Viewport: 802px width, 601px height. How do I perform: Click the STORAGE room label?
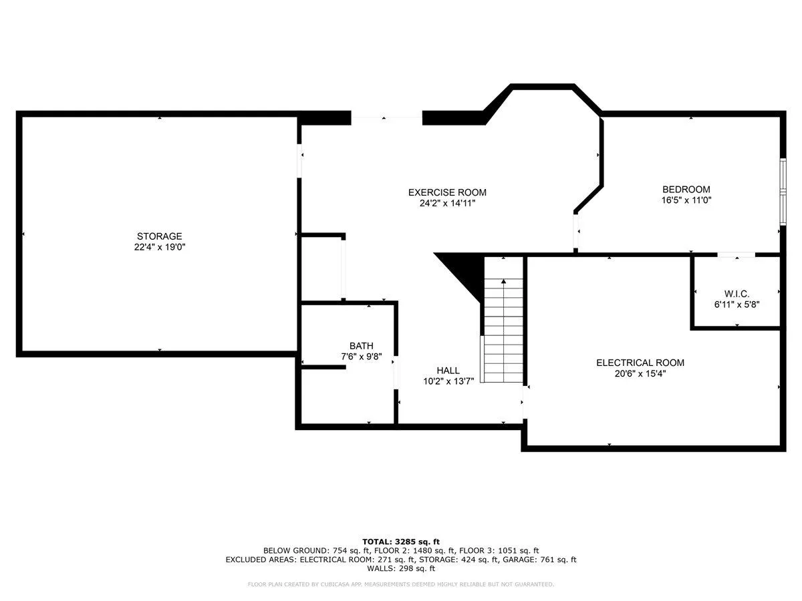point(159,236)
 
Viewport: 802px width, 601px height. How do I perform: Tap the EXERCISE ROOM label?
point(447,192)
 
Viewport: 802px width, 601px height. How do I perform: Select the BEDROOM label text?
point(686,190)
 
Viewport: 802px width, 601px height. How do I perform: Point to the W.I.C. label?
point(737,293)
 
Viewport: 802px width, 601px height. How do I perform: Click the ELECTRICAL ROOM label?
point(640,363)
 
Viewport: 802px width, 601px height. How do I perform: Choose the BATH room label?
point(362,345)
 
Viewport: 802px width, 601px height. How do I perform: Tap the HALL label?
point(448,371)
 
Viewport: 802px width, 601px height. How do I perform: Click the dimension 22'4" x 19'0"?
point(160,247)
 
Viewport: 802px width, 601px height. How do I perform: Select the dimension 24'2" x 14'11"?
point(447,203)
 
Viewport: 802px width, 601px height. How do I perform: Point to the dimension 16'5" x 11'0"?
point(686,200)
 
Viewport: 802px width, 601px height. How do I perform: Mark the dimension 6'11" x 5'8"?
point(737,305)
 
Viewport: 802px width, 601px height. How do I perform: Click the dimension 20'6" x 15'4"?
point(640,373)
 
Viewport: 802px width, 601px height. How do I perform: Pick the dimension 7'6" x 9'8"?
point(362,357)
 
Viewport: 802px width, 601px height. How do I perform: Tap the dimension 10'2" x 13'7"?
point(448,381)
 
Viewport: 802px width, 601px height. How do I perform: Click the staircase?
point(503,331)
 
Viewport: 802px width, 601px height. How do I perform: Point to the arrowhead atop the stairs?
point(503,281)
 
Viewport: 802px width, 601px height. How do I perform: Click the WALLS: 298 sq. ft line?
point(401,568)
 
